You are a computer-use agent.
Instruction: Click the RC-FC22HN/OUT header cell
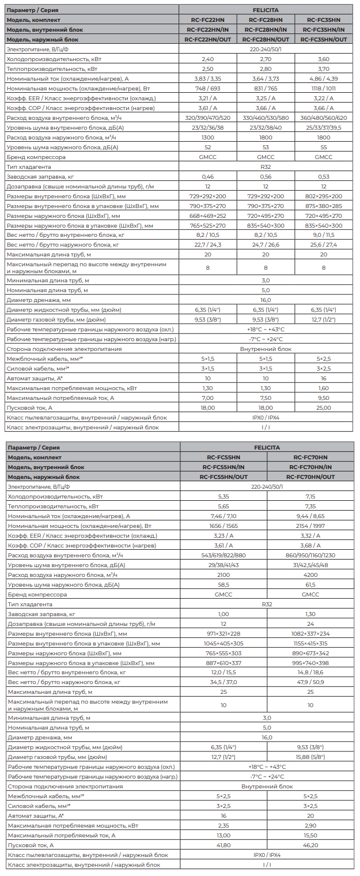click(x=208, y=40)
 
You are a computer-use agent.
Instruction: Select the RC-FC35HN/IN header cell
click(x=324, y=30)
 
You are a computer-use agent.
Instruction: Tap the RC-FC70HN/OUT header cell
click(x=310, y=477)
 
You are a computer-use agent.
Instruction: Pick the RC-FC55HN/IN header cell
click(x=223, y=467)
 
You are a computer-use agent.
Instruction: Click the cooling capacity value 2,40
click(x=208, y=59)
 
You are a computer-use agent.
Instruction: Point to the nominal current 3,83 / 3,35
click(x=208, y=79)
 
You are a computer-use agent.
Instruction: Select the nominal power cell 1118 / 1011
click(x=324, y=89)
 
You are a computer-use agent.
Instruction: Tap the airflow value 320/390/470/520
click(x=208, y=118)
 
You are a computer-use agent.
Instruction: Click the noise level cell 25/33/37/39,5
click(x=324, y=128)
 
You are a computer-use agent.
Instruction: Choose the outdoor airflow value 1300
click(x=208, y=138)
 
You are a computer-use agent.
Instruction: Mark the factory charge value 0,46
click(x=208, y=177)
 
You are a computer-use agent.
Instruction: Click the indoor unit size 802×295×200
click(x=324, y=197)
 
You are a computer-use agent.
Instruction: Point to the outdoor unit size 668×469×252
click(x=208, y=216)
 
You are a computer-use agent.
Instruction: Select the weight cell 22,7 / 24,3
click(x=208, y=246)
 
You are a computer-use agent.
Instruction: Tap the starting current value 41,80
click(x=223, y=845)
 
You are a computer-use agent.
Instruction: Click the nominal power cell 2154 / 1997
click(x=310, y=526)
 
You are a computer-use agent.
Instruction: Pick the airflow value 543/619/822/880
click(x=223, y=556)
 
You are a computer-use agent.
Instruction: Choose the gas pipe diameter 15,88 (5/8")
click(x=310, y=757)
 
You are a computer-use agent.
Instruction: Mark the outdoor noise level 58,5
click(x=223, y=585)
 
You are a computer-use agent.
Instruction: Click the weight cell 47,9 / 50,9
click(x=310, y=682)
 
